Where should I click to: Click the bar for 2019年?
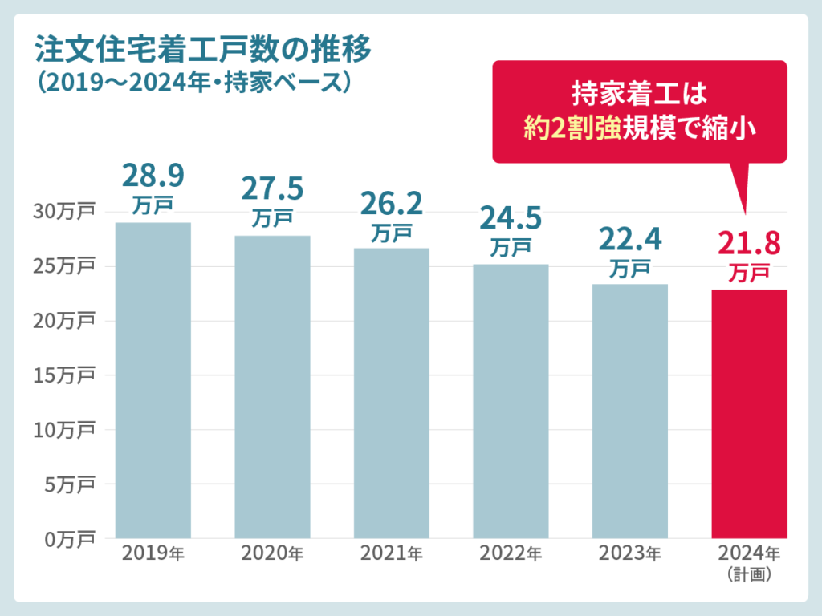(x=153, y=380)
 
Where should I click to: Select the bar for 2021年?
(x=392, y=393)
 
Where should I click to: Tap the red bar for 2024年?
(x=749, y=414)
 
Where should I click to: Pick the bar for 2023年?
(x=629, y=411)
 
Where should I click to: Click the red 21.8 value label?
(x=749, y=243)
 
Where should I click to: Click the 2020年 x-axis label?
(x=272, y=554)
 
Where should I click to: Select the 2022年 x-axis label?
(x=511, y=554)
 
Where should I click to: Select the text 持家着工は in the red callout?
(x=639, y=93)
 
